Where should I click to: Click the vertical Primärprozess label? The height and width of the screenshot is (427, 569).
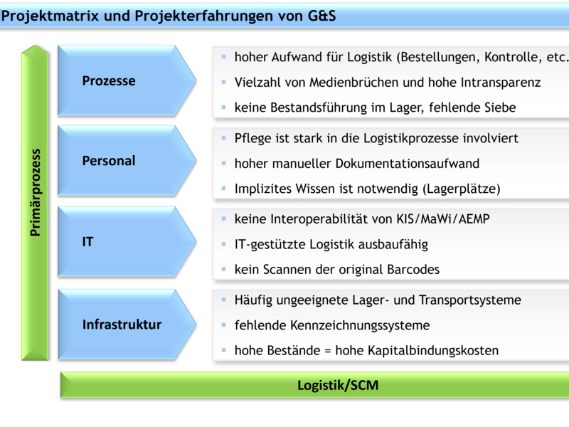(35, 192)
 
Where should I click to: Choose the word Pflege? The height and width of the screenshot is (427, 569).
(252, 138)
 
